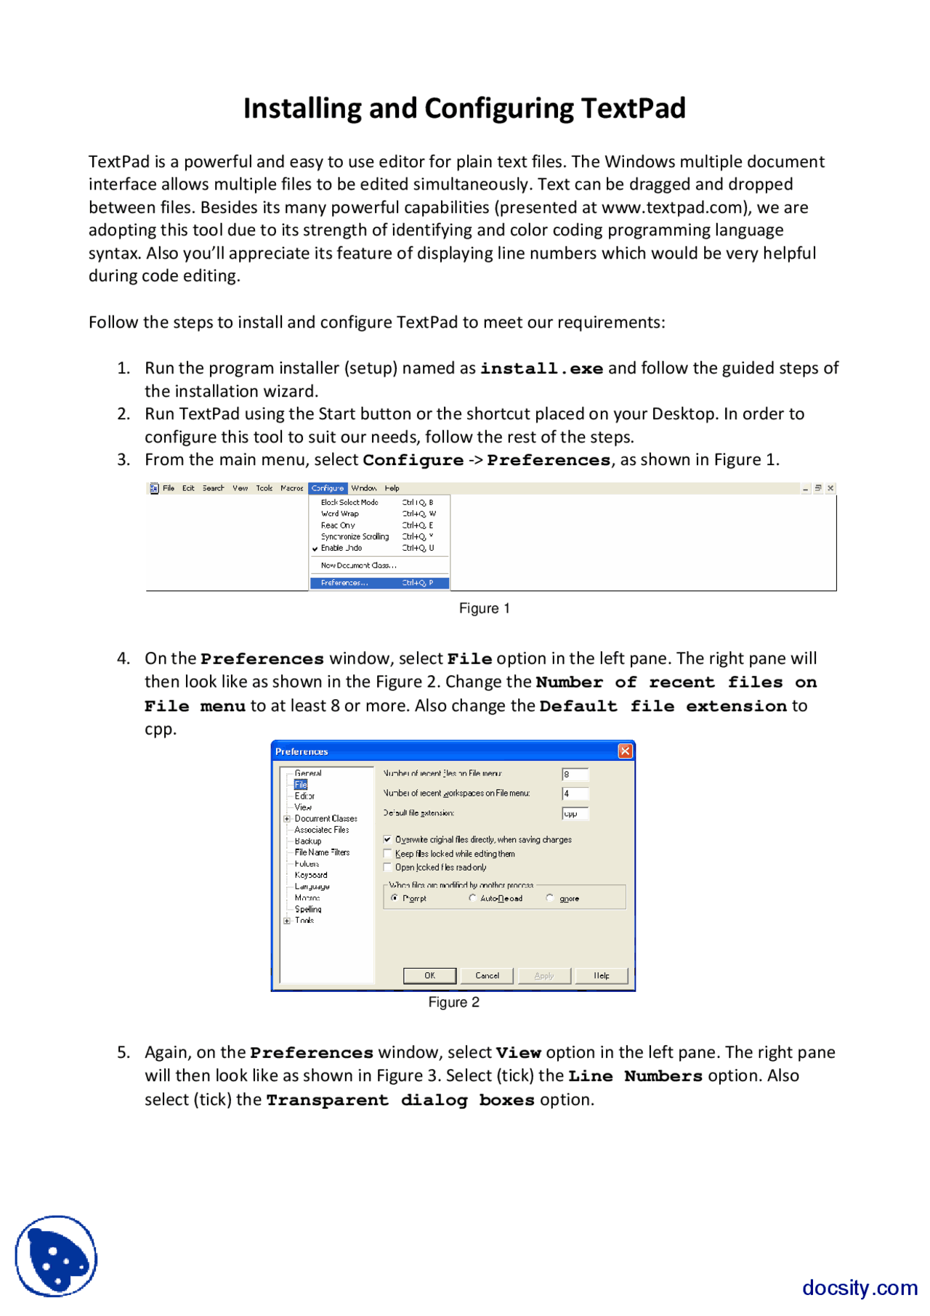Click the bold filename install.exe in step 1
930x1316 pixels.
pos(541,368)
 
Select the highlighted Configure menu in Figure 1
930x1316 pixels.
pos(328,488)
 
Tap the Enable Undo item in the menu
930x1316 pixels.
pos(341,548)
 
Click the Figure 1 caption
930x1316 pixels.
pos(484,608)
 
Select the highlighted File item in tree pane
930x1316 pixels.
pos(301,785)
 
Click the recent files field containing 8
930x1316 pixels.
pos(574,775)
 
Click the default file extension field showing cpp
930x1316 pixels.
pos(574,813)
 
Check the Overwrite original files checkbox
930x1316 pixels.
pos(387,839)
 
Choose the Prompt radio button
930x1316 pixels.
pos(395,898)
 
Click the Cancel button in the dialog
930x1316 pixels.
pos(487,976)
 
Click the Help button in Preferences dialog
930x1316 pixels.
pos(601,976)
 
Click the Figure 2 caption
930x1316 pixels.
pos(453,1002)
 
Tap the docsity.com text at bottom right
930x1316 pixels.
pos(859,1288)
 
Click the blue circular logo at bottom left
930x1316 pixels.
pos(56,1256)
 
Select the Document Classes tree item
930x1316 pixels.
pos(325,818)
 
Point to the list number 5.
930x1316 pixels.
pos(124,1052)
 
